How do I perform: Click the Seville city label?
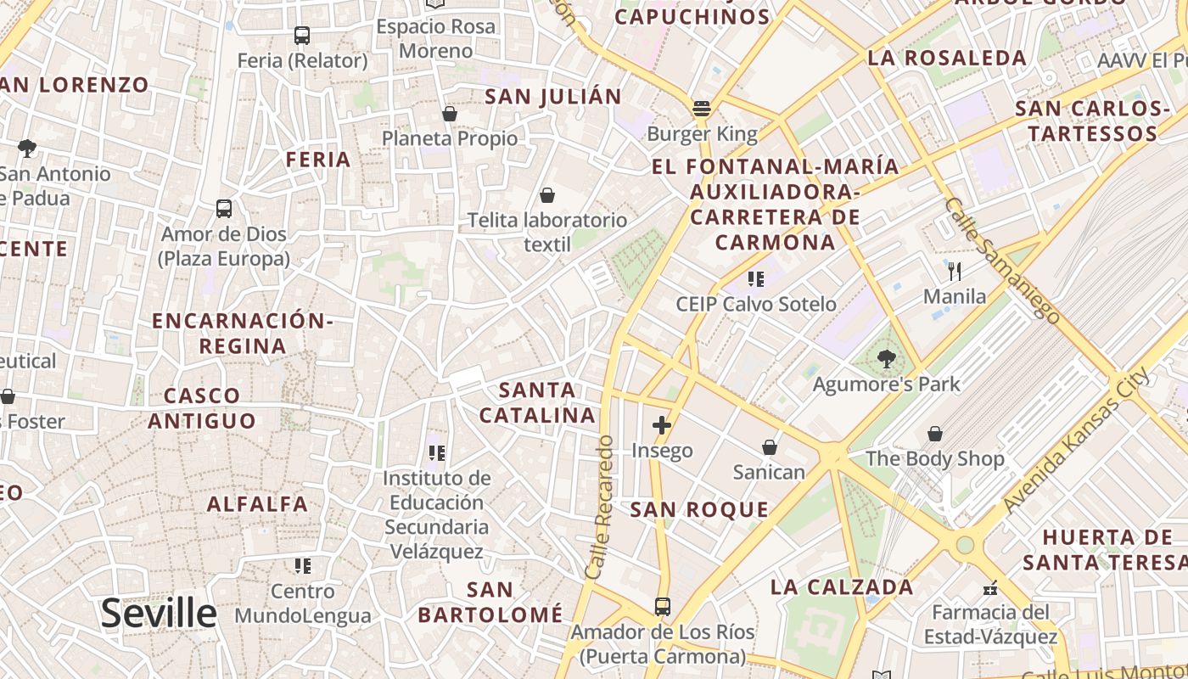[159, 613]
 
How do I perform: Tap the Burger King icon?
[702, 109]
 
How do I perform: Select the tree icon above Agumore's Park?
[887, 359]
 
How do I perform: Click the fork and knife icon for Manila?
[955, 272]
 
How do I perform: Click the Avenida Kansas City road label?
[1076, 440]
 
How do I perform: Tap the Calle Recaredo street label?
[599, 508]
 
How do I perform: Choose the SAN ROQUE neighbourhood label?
[699, 509]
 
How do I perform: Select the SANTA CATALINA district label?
[537, 402]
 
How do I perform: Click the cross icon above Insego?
[662, 425]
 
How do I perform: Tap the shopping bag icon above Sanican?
[769, 446]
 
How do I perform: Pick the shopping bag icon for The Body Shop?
[934, 434]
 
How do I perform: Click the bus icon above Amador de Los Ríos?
[662, 607]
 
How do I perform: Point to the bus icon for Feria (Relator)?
[302, 36]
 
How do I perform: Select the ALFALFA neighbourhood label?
[258, 504]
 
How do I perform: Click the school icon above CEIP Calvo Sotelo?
[755, 278]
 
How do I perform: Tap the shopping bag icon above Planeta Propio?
[450, 113]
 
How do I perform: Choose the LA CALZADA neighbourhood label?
[842, 586]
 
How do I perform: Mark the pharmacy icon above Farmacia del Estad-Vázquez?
[989, 587]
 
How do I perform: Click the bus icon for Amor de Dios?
[224, 209]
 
